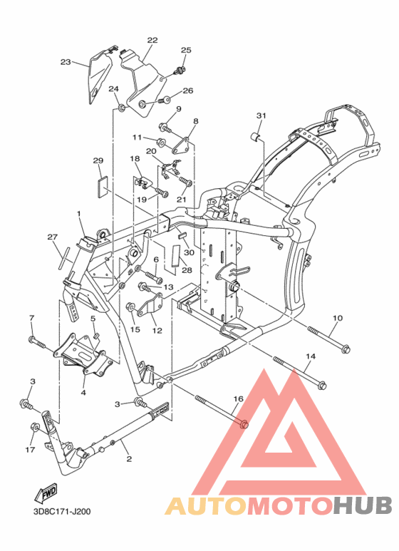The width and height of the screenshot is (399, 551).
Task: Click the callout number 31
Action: (261, 115)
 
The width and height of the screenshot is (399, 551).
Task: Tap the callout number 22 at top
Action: (152, 40)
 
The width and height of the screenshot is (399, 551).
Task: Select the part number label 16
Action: (239, 399)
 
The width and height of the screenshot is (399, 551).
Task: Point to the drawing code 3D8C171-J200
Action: (62, 511)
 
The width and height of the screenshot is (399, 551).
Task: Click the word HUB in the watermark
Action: (362, 505)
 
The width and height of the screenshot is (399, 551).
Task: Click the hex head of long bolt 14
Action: (322, 385)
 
